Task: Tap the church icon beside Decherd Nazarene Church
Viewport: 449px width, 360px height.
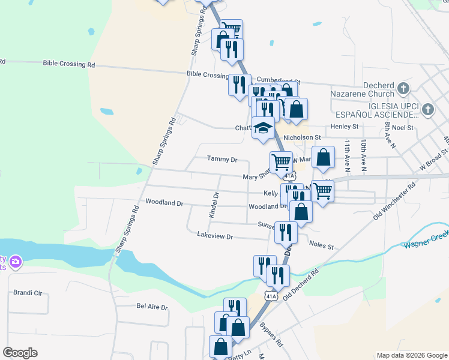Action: point(403,89)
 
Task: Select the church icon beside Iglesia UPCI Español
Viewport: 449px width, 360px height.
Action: point(427,109)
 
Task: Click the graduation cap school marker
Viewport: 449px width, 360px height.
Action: point(263,128)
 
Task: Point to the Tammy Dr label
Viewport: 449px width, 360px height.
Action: point(222,159)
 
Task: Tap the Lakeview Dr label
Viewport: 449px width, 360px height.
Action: point(214,236)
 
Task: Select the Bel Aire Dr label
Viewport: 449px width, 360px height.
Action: point(152,307)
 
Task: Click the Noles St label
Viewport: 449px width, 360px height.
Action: point(321,246)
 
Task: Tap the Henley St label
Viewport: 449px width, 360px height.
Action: point(345,127)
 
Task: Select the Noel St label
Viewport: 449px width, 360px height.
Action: point(402,127)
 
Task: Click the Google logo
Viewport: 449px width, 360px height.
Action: point(20,353)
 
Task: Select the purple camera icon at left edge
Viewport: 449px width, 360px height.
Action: point(15,262)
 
